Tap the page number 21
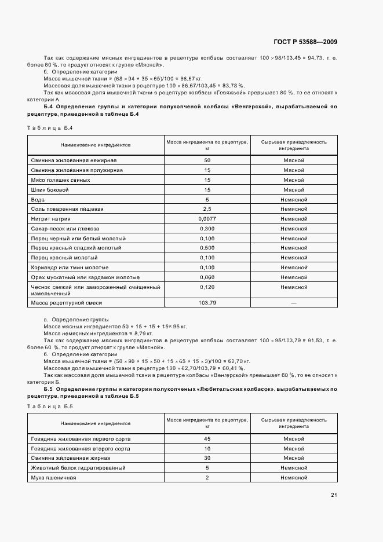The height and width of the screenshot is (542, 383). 334,495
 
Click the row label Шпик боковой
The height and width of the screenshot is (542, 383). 50,189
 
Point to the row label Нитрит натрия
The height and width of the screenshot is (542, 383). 50,219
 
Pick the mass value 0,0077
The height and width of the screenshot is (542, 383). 207,219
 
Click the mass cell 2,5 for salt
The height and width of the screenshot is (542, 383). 207,209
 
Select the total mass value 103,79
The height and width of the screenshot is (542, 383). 207,302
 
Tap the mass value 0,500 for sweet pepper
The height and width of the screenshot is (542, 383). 207,248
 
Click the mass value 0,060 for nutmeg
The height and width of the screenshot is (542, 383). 207,277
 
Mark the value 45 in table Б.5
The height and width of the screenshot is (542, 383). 207,439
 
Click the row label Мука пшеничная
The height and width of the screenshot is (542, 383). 54,478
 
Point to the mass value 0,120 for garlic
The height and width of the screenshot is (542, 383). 207,287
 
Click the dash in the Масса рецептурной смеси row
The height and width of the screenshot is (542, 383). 293,302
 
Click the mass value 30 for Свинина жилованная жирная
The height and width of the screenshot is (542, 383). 207,458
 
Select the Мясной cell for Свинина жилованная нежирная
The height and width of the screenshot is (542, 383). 293,160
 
